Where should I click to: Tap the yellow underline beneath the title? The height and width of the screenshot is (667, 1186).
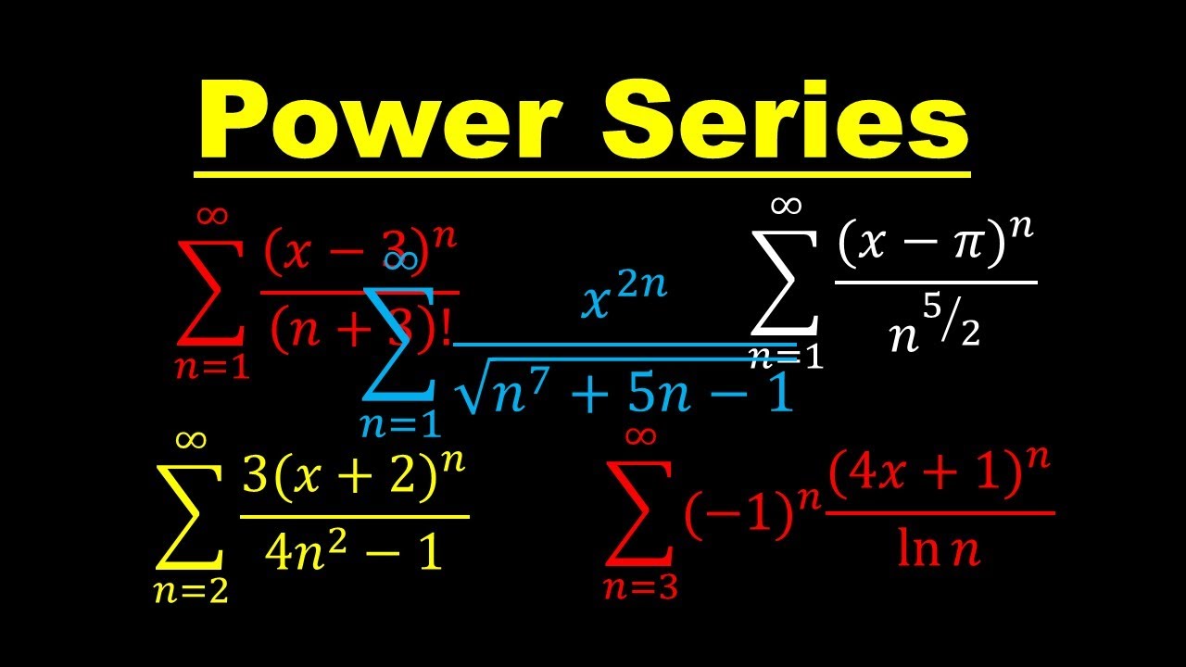(582, 173)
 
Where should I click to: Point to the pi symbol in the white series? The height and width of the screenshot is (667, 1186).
(965, 248)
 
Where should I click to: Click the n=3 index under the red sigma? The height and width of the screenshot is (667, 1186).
(640, 586)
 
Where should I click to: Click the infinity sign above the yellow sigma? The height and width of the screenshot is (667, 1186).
(192, 439)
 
